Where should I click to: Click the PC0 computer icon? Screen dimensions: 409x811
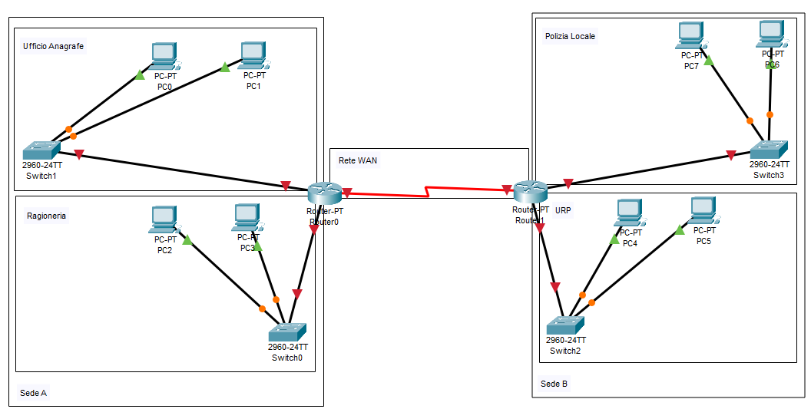164,54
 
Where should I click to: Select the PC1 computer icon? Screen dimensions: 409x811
253,54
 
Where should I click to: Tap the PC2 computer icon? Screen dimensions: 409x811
164,219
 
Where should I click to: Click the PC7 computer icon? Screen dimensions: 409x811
691,35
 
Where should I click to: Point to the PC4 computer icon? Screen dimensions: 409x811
629,212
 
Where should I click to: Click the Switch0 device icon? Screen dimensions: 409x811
287,331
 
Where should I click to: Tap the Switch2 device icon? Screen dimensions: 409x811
565,325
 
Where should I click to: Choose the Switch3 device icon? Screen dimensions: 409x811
769,149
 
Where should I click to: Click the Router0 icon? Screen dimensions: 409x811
323,193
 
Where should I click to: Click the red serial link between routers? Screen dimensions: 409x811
426,191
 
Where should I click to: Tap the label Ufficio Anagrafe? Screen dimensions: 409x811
54,46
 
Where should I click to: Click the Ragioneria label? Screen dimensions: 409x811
46,216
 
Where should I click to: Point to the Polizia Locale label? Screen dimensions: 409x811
570,36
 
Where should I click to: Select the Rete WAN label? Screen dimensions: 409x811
358,160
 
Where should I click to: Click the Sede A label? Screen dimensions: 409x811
33,393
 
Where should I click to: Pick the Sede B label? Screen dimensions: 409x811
554,384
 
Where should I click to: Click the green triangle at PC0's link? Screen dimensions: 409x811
139,74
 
